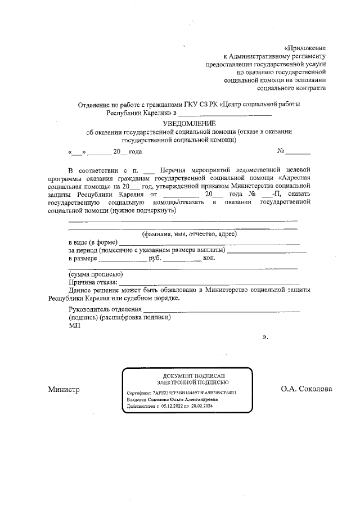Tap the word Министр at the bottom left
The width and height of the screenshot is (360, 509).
(64, 389)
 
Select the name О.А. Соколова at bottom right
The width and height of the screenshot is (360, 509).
(307, 389)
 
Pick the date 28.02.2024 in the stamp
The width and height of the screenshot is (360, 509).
(201, 406)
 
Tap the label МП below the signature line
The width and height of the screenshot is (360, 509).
(74, 325)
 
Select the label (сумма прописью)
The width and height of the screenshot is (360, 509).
(92, 274)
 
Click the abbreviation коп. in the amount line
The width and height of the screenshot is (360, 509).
(209, 258)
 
